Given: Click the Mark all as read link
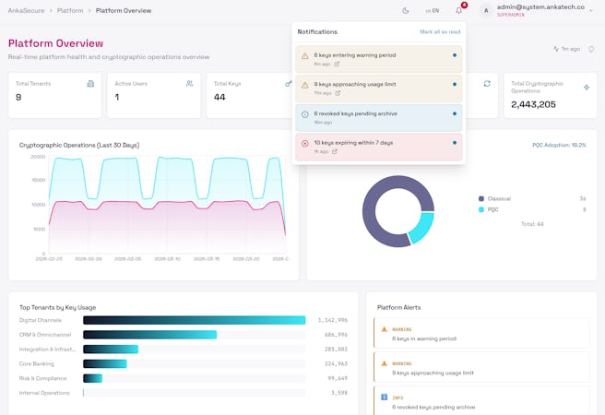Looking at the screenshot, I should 440,31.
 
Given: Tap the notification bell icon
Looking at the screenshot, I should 459,10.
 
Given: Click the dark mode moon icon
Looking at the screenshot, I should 406,10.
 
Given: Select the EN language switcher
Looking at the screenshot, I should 432,10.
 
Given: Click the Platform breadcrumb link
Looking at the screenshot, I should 70,10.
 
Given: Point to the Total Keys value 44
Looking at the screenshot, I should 219,97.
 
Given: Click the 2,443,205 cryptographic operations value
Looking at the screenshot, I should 533,104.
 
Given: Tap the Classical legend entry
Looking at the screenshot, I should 498,198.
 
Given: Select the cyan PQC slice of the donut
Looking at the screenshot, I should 421,227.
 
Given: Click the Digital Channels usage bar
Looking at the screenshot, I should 194,320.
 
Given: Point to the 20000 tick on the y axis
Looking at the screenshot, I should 37,157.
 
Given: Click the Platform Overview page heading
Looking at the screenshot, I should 55,43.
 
